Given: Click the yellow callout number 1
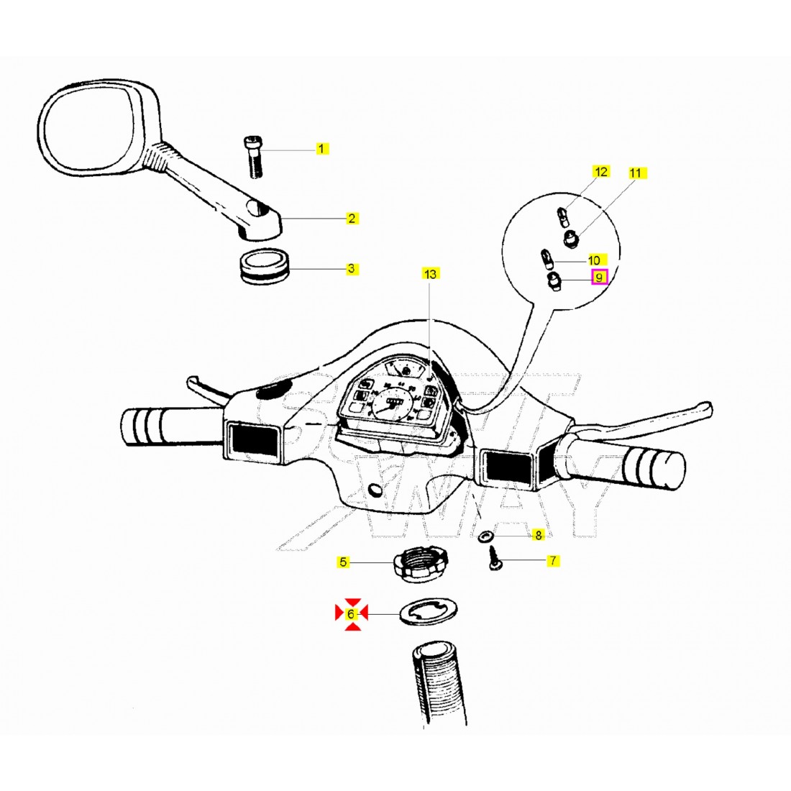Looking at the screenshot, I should [322, 149].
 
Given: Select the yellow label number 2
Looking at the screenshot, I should [352, 218].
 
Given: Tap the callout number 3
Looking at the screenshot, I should [351, 269].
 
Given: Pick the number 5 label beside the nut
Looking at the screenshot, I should [344, 562].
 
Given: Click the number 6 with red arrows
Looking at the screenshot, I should [351, 614].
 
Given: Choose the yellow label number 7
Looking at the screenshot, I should [552, 560].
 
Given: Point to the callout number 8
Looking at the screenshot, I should [538, 535].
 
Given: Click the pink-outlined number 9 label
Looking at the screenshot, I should [599, 276].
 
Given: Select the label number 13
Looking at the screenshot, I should [430, 274].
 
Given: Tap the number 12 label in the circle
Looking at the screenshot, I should [600, 171].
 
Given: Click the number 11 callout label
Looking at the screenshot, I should [635, 173].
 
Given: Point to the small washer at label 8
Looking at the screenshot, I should [485, 536].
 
